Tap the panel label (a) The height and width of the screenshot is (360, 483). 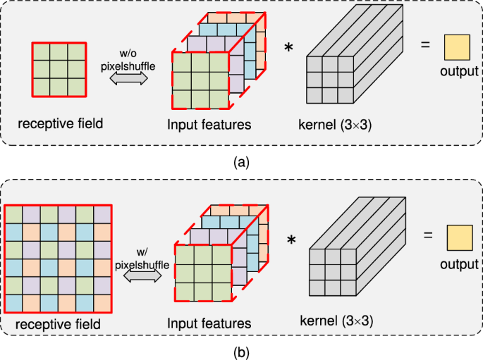[241, 163]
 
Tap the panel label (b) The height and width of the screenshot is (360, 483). [241, 349]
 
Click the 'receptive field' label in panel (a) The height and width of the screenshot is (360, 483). [61, 124]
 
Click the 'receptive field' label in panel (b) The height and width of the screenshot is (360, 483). [59, 324]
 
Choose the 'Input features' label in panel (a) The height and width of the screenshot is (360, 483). [208, 125]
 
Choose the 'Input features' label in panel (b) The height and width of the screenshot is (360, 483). [209, 324]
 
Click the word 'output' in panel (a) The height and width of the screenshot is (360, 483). [459, 71]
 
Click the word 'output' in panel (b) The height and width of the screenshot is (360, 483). [459, 264]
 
